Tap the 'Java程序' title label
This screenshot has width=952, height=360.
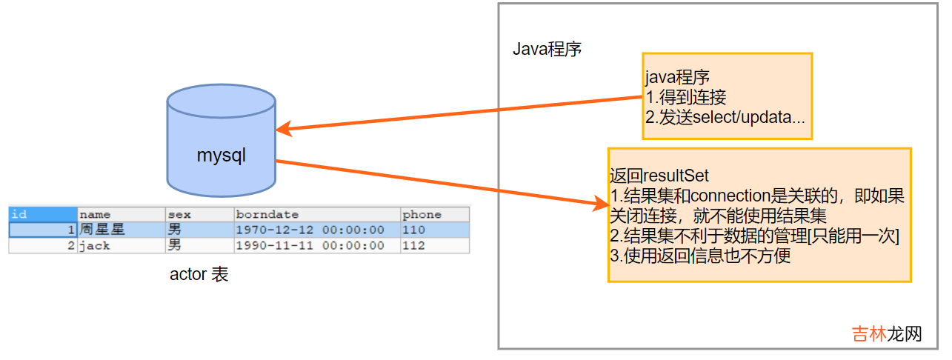pos(547,50)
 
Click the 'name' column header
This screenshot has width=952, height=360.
pos(95,215)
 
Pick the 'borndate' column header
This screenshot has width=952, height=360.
pos(267,215)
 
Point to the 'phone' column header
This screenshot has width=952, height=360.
pos(422,215)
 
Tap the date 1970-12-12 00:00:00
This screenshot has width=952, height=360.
pos(310,230)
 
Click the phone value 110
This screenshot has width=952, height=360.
pos(413,230)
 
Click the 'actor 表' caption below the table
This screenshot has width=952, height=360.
pos(199,275)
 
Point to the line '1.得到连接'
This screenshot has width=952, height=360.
pos(686,97)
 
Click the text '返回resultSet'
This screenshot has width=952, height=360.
pos(659,176)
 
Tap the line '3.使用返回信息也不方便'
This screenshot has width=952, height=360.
pos(700,256)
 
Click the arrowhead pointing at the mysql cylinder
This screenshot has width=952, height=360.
pos(283,130)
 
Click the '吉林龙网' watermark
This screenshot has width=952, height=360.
pos(886,333)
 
